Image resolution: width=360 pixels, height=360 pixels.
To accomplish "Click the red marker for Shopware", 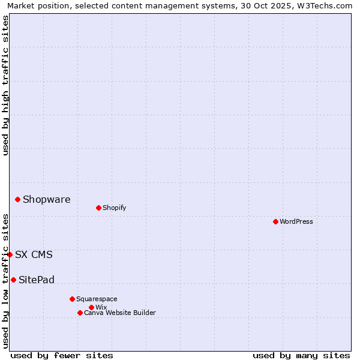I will point(17,199).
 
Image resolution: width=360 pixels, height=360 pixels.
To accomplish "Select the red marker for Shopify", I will point(98,208).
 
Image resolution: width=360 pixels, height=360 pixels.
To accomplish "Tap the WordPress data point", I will point(275,221).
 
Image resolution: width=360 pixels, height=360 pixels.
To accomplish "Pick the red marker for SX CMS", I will point(10,254).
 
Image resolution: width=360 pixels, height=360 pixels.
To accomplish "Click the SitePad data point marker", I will point(13,280).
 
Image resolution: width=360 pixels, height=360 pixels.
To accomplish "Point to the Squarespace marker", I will point(72,299).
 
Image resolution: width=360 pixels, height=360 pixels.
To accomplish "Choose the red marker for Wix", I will point(91,307).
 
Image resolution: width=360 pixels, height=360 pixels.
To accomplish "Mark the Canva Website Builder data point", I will point(80,313).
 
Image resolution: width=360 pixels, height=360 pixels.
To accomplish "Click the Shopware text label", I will point(47,200).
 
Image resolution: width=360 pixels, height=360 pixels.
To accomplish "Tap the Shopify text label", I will point(114,208).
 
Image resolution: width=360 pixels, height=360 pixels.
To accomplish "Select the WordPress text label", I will point(296,222).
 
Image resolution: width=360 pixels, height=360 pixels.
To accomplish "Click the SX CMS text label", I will point(34,255).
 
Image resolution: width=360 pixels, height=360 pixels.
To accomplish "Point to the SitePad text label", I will point(37,280).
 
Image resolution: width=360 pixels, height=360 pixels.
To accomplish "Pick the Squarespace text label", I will point(97,299).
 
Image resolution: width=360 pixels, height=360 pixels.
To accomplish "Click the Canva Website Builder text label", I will point(120,313).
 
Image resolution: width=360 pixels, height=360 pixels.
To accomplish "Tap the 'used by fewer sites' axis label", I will point(62,355).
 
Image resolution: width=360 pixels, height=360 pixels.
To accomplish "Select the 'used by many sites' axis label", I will point(301,355).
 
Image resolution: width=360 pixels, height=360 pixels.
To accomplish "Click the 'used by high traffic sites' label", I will point(5,86).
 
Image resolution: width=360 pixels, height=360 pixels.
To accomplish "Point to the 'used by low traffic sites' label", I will point(5,281).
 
